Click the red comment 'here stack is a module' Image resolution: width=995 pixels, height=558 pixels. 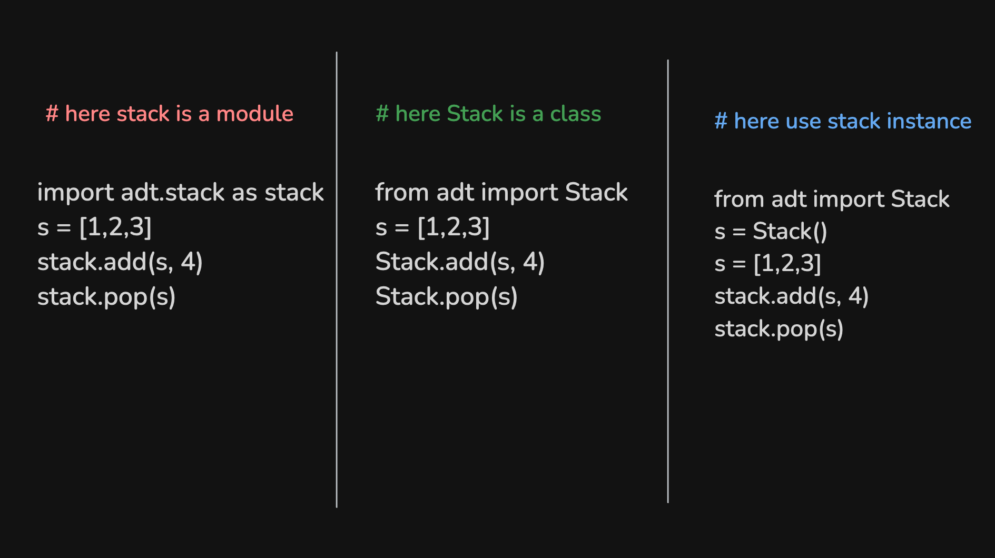tap(169, 114)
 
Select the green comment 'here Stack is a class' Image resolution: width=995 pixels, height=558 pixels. tap(488, 114)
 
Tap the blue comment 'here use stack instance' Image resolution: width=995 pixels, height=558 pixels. tap(843, 121)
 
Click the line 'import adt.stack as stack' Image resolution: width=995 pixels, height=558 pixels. tap(181, 193)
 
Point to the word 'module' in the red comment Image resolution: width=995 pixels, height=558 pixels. tap(255, 114)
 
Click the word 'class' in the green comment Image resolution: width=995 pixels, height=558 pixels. tap(576, 114)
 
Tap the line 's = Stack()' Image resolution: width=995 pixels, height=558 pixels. tap(771, 232)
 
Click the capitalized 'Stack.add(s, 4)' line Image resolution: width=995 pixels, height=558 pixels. tap(460, 262)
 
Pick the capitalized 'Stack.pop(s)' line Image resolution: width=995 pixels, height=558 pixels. tap(447, 297)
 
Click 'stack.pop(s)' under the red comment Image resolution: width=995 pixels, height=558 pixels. tap(106, 297)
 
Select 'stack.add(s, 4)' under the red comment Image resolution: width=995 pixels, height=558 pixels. tap(120, 262)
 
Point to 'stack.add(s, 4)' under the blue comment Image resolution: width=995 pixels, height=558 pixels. tap(792, 296)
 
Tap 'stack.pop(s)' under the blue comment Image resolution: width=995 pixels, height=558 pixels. tap(779, 329)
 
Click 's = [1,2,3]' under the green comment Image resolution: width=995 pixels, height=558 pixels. tap(432, 227)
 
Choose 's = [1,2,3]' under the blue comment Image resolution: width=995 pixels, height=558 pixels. tap(767, 264)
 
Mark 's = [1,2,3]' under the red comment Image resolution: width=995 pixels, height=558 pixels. tap(94, 227)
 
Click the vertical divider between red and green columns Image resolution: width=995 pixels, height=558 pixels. tap(337, 280)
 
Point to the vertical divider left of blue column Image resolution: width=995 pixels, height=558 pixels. tap(668, 281)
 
